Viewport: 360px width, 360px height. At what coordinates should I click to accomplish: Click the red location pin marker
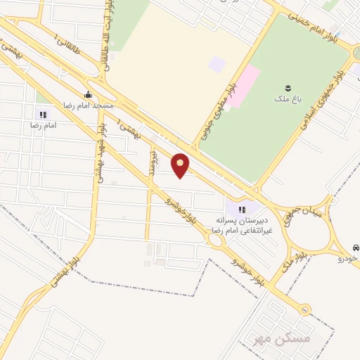pyautogui.click(x=180, y=166)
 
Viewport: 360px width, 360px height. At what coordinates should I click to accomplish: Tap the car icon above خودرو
pyautogui.click(x=356, y=248)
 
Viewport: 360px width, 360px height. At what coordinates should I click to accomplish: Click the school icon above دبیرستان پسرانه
pyautogui.click(x=243, y=209)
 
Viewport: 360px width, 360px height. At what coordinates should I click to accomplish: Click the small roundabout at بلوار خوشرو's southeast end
pyautogui.click(x=305, y=309)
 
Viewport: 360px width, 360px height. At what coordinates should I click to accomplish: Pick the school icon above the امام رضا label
pyautogui.click(x=42, y=115)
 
